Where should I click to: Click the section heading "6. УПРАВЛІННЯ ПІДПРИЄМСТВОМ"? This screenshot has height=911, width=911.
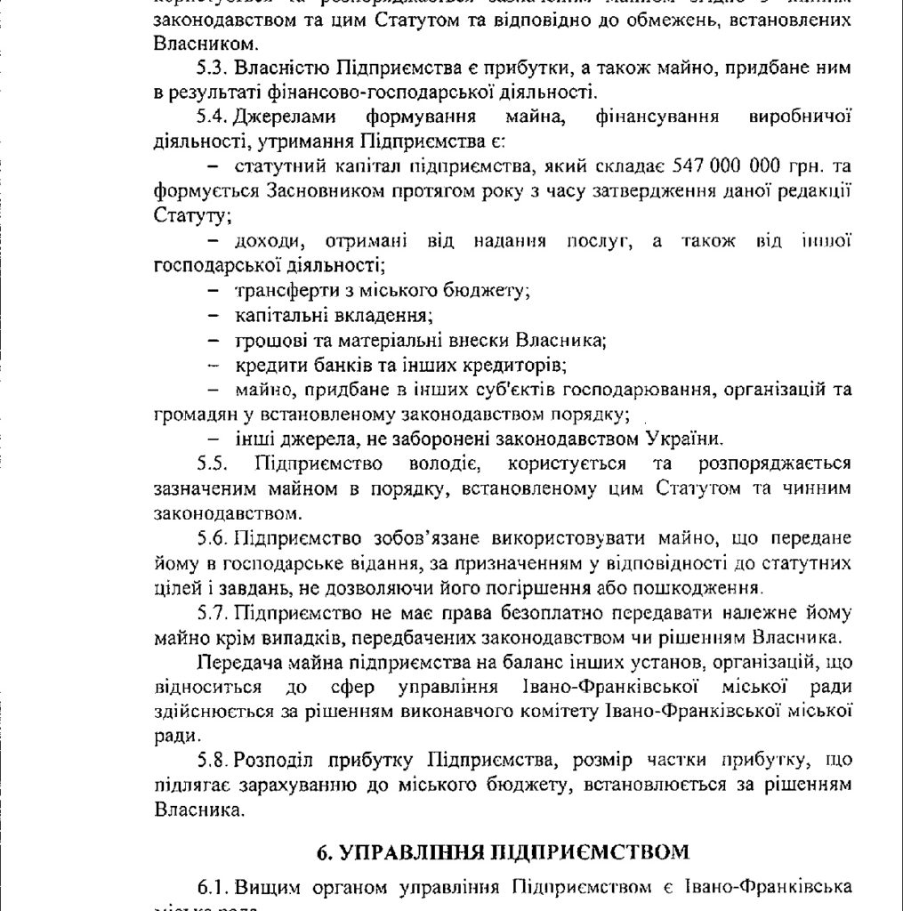point(503,851)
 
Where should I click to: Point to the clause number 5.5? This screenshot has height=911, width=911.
point(213,464)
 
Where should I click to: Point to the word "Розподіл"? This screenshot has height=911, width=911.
point(274,762)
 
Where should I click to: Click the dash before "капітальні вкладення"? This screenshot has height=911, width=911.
point(214,316)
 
